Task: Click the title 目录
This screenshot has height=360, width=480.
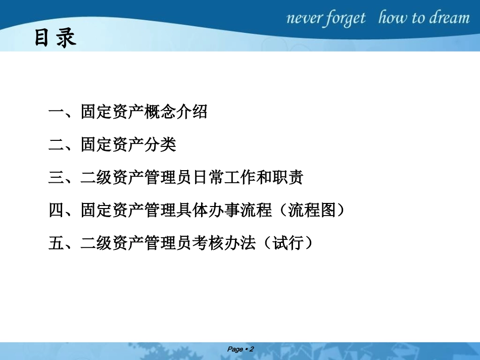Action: click(55, 38)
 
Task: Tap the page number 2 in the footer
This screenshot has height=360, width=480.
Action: click(251, 349)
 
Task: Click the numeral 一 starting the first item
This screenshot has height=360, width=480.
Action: click(56, 112)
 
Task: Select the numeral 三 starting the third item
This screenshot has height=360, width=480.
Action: click(56, 178)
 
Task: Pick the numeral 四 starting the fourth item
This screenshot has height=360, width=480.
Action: click(56, 211)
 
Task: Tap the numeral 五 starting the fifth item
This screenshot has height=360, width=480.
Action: click(56, 243)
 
